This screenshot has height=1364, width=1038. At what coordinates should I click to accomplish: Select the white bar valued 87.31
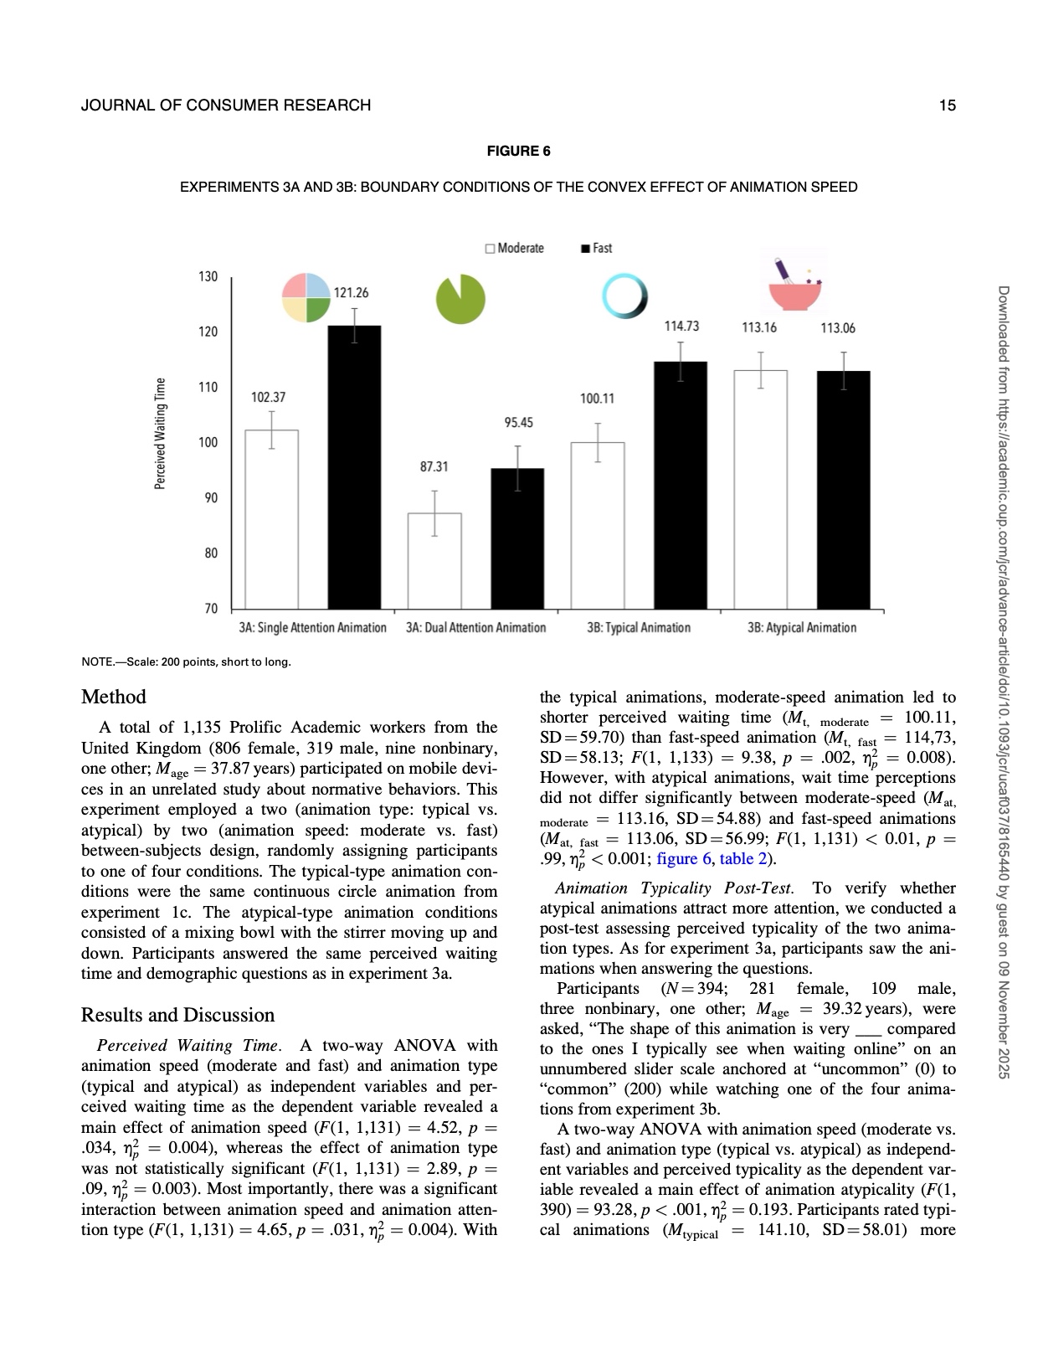click(x=434, y=560)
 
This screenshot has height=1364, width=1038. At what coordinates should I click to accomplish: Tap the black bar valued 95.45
click(x=517, y=538)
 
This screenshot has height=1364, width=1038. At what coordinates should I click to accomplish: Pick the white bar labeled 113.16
click(x=760, y=489)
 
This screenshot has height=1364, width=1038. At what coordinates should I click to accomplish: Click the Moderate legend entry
click(x=514, y=249)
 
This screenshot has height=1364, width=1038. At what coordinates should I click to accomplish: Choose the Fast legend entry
click(x=596, y=249)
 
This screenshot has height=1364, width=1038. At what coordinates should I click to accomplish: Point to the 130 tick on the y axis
click(x=208, y=277)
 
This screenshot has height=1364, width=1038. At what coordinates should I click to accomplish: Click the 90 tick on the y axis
click(x=210, y=498)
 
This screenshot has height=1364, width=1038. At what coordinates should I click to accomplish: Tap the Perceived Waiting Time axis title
click(x=160, y=434)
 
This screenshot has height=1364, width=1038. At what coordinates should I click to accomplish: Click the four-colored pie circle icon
click(x=306, y=298)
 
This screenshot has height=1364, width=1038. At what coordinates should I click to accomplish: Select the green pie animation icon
click(x=460, y=300)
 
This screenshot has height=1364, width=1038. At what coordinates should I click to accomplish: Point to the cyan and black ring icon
click(x=624, y=296)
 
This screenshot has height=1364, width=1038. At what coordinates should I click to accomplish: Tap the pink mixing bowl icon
click(x=794, y=286)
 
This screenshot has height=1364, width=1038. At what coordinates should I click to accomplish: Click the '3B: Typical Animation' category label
click(x=639, y=628)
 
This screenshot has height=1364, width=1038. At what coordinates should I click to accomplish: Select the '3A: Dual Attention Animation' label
click(x=475, y=628)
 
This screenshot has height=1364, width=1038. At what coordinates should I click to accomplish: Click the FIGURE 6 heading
click(x=518, y=152)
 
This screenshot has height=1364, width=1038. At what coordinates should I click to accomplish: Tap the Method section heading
click(x=114, y=697)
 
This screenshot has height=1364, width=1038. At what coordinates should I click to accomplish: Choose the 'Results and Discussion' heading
click(x=177, y=1015)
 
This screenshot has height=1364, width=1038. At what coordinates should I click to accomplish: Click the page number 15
click(x=947, y=106)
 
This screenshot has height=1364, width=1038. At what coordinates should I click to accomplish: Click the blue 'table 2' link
click(x=743, y=858)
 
